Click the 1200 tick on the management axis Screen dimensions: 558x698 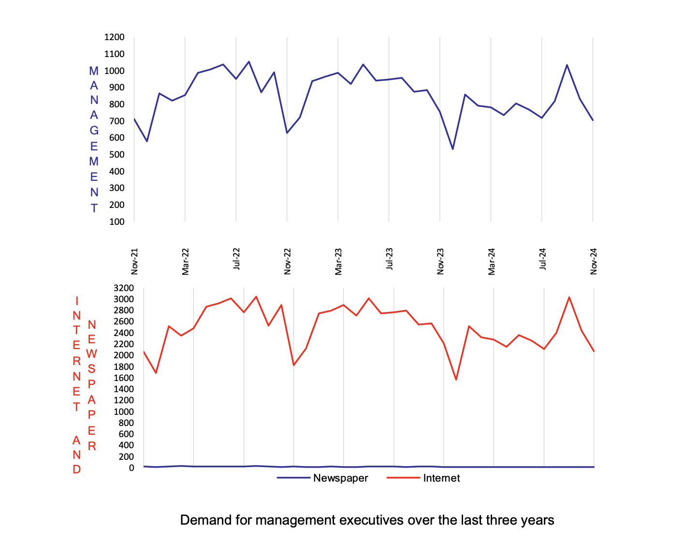(x=115, y=37)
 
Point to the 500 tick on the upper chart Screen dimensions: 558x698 (x=116, y=155)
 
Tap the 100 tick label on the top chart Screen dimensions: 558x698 (x=116, y=221)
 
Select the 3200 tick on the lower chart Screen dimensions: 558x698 (x=123, y=288)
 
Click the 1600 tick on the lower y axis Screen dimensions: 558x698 (x=123, y=378)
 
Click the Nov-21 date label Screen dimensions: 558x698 (x=135, y=262)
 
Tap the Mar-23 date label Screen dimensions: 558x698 (x=338, y=262)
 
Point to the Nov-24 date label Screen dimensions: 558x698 (x=594, y=262)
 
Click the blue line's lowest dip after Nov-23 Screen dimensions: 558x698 (x=453, y=149)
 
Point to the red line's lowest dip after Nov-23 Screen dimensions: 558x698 (x=456, y=380)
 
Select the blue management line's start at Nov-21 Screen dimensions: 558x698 (x=134, y=119)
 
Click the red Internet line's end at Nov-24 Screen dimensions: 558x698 (x=594, y=351)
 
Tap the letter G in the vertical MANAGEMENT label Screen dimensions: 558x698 (x=94, y=131)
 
